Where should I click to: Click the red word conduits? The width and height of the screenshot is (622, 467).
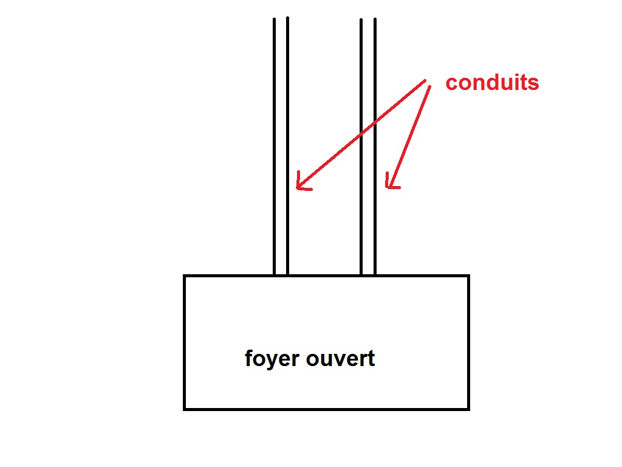pos(492,83)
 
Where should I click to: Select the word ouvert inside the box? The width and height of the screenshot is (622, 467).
pos(341,358)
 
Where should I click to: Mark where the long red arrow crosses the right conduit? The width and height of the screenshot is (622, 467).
pos(368,126)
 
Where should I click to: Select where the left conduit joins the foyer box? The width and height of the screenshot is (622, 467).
pos(281,275)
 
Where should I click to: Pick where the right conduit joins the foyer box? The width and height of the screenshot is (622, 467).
pos(367,275)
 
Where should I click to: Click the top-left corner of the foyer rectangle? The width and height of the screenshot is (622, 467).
pos(185,276)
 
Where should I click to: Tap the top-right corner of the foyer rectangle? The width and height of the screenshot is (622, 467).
pos(468,276)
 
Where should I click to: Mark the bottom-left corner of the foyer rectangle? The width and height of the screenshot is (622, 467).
pos(185,409)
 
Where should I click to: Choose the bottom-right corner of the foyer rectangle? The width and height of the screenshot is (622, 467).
pos(468,409)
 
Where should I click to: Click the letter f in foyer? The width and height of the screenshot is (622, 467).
pos(249,358)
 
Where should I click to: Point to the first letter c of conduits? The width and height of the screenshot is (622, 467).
pos(451,83)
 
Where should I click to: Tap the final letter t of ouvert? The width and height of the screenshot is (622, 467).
pos(371,358)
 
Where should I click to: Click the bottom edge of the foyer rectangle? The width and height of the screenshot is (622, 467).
pos(326,409)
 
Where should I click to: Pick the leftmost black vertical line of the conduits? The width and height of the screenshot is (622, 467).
pos(274,146)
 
